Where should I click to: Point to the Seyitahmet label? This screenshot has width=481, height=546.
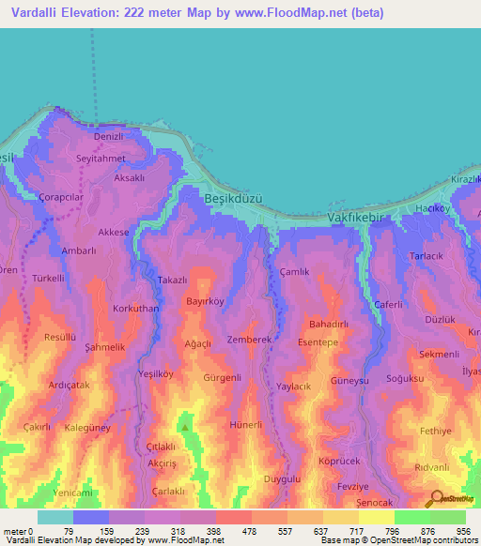point(101,159)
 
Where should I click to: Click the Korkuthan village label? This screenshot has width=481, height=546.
point(135,308)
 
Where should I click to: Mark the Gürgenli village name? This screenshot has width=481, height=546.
point(223,378)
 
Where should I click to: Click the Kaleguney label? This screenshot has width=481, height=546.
point(89,428)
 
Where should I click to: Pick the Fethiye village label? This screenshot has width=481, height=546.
point(436,431)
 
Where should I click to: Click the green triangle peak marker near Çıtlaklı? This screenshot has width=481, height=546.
point(185,428)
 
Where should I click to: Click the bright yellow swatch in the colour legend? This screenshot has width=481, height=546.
point(376,517)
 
